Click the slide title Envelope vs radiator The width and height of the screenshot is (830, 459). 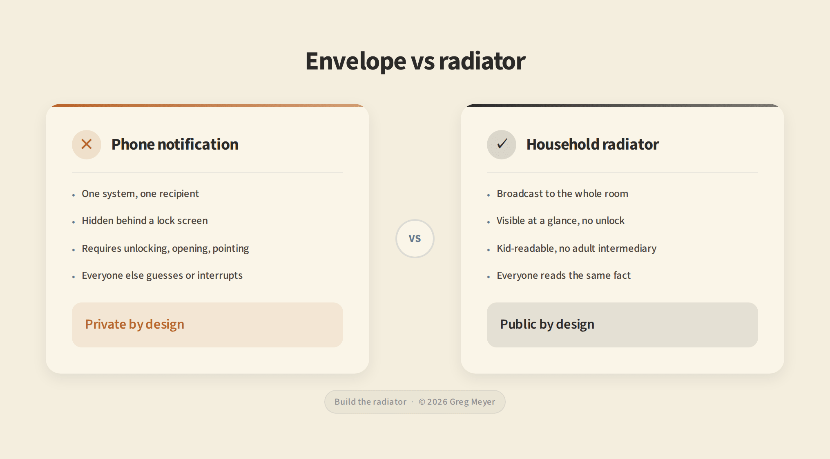tap(415, 61)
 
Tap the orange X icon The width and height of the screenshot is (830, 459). tap(87, 144)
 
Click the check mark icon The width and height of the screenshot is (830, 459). tap(502, 144)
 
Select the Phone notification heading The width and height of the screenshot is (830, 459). tap(175, 144)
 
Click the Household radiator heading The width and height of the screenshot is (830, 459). tap(593, 144)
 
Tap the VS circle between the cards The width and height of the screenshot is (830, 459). tap(415, 239)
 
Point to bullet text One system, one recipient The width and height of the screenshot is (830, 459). tap(140, 194)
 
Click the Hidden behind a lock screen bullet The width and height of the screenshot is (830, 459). tap(145, 221)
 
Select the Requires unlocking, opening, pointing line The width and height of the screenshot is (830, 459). tap(165, 249)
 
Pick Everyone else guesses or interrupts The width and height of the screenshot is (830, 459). tap(162, 275)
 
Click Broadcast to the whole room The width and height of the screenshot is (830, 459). tap(562, 194)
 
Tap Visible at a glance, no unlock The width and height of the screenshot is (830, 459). tap(560, 221)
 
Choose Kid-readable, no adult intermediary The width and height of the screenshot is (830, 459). tap(576, 249)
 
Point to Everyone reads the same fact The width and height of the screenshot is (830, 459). tap(564, 275)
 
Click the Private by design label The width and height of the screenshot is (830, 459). tap(135, 325)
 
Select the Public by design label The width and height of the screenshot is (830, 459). tap(547, 325)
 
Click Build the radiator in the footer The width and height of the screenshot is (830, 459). tap(370, 402)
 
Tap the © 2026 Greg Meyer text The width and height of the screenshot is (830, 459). tap(457, 402)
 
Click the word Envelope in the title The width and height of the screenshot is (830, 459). tap(356, 61)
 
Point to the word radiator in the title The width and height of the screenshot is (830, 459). tap(482, 61)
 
